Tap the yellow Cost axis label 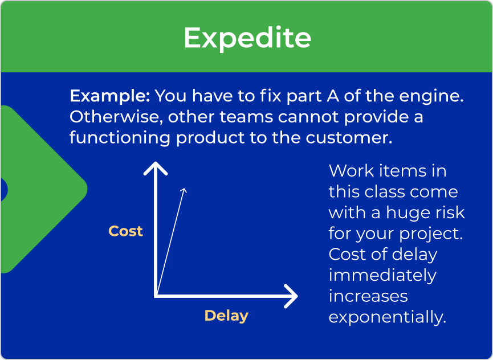click(x=125, y=231)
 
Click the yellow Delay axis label click(x=226, y=316)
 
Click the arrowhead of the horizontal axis click(x=291, y=296)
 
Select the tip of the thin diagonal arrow click(x=185, y=189)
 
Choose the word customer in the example click(x=349, y=138)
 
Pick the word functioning click(x=120, y=138)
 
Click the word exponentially click(x=388, y=317)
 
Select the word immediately click(x=382, y=276)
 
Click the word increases click(x=368, y=296)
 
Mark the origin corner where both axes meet click(x=156, y=296)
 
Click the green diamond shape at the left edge click(x=44, y=190)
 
